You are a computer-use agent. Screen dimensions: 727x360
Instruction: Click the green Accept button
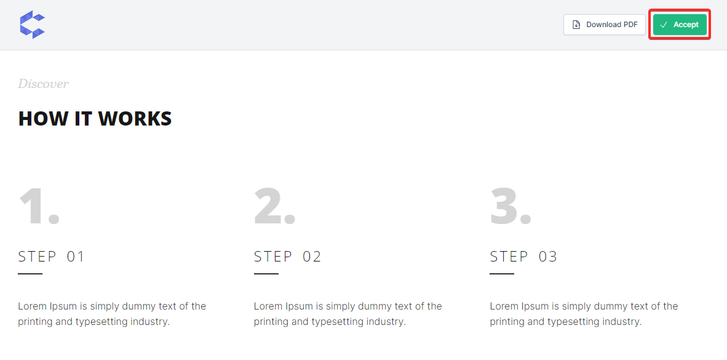tap(680, 25)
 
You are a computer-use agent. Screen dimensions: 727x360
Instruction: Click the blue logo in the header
tap(33, 24)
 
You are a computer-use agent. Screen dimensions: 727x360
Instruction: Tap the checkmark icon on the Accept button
tap(664, 25)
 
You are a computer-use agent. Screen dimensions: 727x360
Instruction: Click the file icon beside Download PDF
tap(576, 25)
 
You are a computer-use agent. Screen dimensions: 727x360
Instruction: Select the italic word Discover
tap(43, 84)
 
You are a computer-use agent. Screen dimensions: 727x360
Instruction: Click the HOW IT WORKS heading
tap(95, 118)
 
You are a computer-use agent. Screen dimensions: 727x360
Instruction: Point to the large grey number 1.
tap(39, 206)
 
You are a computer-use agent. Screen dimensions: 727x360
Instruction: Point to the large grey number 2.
tap(275, 206)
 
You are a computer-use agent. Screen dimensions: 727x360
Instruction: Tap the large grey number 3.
tap(510, 206)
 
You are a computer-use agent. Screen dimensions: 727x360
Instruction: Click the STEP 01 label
tap(52, 257)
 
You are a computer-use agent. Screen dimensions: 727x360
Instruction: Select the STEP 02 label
tap(287, 257)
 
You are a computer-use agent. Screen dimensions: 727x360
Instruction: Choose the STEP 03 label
tap(523, 257)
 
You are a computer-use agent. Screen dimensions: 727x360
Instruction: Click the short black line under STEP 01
tap(30, 274)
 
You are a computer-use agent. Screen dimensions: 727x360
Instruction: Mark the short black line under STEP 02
tap(266, 274)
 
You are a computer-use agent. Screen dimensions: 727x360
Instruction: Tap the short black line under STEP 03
tap(502, 274)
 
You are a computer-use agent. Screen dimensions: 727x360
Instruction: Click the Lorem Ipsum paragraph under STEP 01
tap(112, 314)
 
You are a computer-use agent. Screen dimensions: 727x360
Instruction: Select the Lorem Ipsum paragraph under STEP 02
tap(348, 314)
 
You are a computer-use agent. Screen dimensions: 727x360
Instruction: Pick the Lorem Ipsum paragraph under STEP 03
tap(584, 314)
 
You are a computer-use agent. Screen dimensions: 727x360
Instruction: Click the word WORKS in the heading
tap(135, 118)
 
